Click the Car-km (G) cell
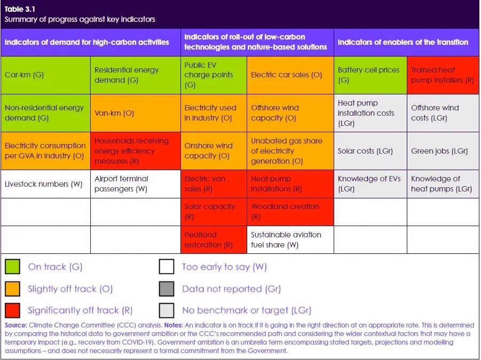point(45,75)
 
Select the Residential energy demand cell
point(135,75)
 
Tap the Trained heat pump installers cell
point(443,75)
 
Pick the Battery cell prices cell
point(369,75)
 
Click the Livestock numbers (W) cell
point(45,184)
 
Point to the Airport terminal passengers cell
point(135,184)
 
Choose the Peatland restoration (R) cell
point(214,239)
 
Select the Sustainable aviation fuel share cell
point(290,239)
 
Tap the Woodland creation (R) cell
point(290,211)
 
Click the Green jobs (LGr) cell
point(443,151)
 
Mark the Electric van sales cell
point(214,184)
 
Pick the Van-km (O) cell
point(135,113)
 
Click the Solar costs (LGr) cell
point(369,151)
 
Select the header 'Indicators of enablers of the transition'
point(403,42)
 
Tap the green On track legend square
point(12,267)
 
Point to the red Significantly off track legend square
point(12,310)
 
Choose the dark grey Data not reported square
point(167,289)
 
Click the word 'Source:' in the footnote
point(15,325)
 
